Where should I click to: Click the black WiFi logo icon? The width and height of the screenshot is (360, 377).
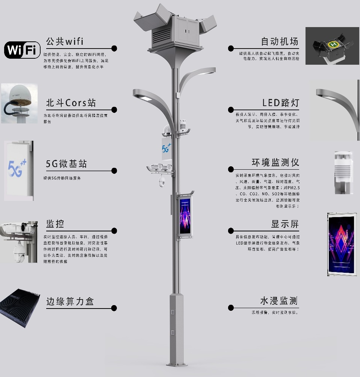click(x=22, y=50)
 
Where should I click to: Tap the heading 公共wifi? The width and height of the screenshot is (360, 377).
click(x=65, y=41)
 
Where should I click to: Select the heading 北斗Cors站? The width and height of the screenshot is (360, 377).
click(x=71, y=103)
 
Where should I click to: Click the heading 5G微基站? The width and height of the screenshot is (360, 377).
click(x=66, y=164)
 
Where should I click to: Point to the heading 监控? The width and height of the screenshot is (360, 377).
click(x=55, y=224)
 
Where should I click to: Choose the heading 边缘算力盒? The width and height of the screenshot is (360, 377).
click(x=70, y=301)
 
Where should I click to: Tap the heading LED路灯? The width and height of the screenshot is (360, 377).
click(x=281, y=103)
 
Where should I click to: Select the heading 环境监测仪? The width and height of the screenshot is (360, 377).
click(x=275, y=163)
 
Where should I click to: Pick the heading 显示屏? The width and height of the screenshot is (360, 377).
click(x=285, y=224)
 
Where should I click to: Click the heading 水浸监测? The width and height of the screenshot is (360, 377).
click(x=279, y=301)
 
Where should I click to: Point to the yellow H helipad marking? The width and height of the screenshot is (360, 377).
click(x=333, y=45)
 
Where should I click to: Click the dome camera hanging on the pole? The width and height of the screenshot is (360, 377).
click(x=162, y=182)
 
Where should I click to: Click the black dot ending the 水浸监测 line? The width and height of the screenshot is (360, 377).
click(x=231, y=308)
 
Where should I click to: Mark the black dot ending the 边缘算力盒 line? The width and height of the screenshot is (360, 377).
click(x=114, y=308)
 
